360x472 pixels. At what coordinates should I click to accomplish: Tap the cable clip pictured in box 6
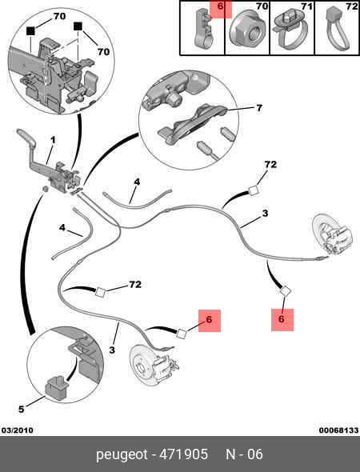202,28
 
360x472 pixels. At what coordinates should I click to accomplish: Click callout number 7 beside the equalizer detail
259,108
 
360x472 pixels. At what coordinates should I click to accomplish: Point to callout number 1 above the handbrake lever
53,140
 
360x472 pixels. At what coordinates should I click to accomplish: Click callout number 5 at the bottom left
22,409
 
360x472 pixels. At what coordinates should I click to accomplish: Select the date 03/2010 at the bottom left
18,430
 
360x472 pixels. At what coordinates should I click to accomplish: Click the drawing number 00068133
338,430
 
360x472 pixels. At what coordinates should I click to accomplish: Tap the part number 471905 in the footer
183,454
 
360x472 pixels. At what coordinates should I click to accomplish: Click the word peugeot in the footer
122,455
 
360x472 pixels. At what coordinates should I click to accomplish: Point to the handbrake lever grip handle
26,136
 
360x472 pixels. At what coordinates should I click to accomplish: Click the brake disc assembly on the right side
332,236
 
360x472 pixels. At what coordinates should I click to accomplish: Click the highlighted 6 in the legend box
220,6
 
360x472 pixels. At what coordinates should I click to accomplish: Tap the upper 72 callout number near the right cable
270,164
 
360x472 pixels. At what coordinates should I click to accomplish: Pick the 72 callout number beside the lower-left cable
135,284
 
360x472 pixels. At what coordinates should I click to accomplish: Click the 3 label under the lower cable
112,350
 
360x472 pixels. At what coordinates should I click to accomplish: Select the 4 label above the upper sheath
137,182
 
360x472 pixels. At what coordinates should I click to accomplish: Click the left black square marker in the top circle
30,30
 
